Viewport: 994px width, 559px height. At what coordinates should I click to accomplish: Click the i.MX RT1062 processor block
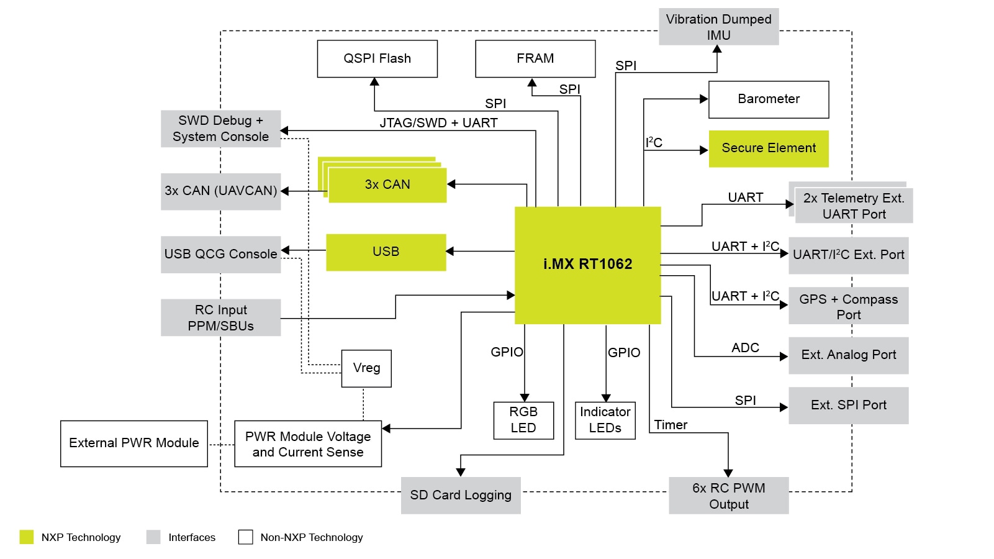point(587,265)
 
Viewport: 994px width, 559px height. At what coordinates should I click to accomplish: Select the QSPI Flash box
point(377,59)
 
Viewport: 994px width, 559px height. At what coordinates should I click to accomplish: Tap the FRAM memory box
point(535,59)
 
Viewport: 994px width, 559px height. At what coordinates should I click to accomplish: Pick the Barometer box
point(769,99)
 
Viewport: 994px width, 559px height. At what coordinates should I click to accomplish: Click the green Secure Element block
point(769,148)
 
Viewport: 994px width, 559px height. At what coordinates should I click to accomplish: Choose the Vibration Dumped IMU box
point(718,27)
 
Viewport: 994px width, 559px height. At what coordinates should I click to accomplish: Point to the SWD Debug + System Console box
point(220,129)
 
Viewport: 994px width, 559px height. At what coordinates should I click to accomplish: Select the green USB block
point(386,252)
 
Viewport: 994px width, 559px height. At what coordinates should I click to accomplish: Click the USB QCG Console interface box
point(220,254)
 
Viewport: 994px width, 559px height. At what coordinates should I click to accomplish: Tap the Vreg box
point(366,368)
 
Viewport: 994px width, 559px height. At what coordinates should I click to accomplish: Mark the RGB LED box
point(523,420)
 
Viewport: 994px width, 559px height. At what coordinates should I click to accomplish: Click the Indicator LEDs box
point(605,420)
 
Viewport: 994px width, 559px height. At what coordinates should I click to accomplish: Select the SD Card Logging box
point(461,495)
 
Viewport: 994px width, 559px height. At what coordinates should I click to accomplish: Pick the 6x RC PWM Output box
point(728,496)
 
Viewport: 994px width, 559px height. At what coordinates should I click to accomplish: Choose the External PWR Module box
point(133,443)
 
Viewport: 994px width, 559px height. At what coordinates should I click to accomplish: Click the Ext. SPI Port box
point(848,406)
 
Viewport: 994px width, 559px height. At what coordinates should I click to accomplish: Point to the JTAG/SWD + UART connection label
point(438,123)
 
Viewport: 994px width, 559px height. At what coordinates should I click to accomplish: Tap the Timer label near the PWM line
point(671,425)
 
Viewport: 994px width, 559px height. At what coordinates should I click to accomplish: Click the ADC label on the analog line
point(745,348)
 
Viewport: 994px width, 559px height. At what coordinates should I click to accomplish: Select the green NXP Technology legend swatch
point(27,537)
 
